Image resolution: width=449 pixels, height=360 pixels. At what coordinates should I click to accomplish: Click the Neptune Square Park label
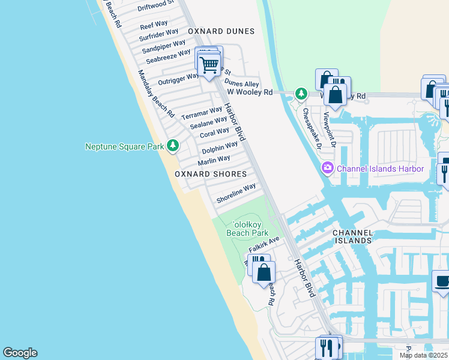click(125, 146)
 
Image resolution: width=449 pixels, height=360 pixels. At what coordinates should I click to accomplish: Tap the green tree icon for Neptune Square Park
click(173, 145)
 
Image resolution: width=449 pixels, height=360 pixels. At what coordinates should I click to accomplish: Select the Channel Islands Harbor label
click(381, 169)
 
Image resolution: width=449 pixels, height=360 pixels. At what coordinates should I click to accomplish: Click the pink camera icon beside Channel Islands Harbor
click(327, 168)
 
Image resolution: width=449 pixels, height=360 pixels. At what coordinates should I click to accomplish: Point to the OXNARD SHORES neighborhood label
click(211, 174)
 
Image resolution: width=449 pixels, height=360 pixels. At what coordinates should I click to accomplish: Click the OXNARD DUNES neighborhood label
click(221, 31)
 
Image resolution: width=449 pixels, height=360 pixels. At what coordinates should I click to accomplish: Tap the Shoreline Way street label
click(237, 193)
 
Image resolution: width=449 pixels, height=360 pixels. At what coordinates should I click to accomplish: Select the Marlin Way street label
click(214, 160)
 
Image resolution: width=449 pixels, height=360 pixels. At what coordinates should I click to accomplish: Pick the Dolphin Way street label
click(220, 146)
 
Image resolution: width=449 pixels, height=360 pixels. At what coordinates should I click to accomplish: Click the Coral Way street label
click(214, 133)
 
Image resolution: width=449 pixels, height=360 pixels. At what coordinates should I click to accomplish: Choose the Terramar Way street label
click(202, 112)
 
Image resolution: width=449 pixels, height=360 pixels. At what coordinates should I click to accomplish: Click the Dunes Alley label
click(242, 84)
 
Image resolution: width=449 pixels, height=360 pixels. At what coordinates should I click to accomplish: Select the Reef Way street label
click(154, 25)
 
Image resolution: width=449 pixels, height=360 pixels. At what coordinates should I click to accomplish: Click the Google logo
click(20, 353)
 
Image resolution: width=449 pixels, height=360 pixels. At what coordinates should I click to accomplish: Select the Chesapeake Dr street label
click(312, 128)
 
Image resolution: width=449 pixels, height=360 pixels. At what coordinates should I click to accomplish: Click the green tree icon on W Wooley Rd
click(301, 94)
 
